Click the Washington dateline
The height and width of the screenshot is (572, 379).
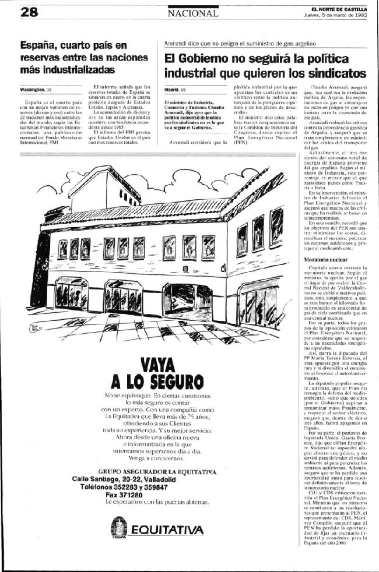click(x=32, y=90)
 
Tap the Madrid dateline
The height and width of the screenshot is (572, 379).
click(x=171, y=90)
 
